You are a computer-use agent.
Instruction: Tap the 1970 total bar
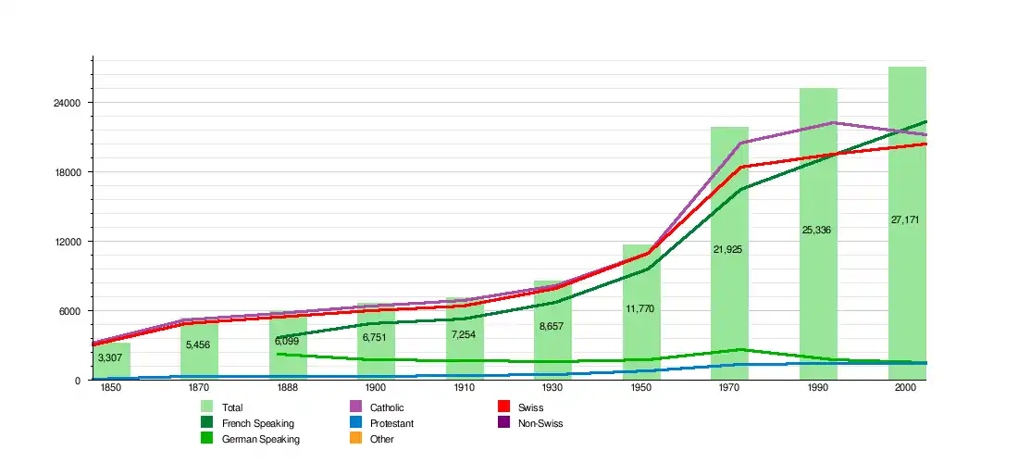pos(729,306)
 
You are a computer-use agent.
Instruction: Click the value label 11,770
pos(640,308)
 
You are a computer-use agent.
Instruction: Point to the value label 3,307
pos(110,357)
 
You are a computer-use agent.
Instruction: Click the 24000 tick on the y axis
pos(71,103)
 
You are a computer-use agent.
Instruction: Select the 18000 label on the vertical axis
pos(71,172)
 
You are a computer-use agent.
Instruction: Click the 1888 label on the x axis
pos(288,389)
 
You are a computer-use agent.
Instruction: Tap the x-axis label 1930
pos(552,389)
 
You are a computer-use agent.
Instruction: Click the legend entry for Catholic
pos(387,407)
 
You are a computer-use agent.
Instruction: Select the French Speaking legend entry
pos(258,423)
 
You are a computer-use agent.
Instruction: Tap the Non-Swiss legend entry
pos(540,423)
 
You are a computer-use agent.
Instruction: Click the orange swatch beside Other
pos(354,439)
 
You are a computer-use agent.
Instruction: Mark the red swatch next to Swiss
pos(504,407)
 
